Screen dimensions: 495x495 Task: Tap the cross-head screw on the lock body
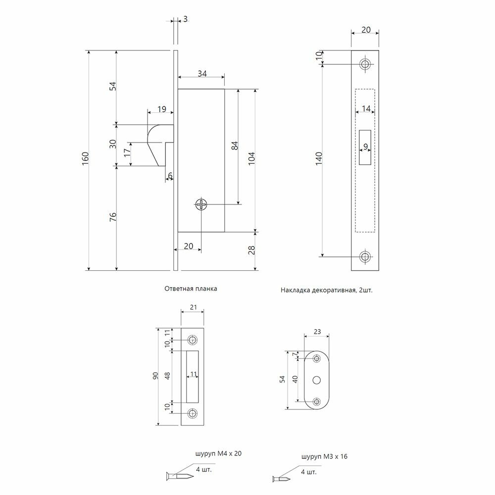click(201, 204)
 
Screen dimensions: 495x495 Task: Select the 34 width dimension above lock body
click(201, 74)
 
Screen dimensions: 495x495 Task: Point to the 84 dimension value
click(235, 146)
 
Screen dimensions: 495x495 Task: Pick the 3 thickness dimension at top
click(185, 19)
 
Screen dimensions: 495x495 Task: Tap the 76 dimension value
click(112, 218)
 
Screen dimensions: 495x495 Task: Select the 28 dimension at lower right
click(251, 251)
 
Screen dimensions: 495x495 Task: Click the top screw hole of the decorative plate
click(366, 64)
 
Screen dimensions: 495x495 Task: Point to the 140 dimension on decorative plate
click(319, 159)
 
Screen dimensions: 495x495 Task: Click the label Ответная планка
click(191, 288)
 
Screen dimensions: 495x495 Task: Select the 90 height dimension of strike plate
click(155, 377)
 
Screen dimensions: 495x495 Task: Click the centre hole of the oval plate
click(317, 380)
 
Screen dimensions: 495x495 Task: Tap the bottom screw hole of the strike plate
click(193, 413)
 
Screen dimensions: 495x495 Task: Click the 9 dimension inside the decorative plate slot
click(365, 147)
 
